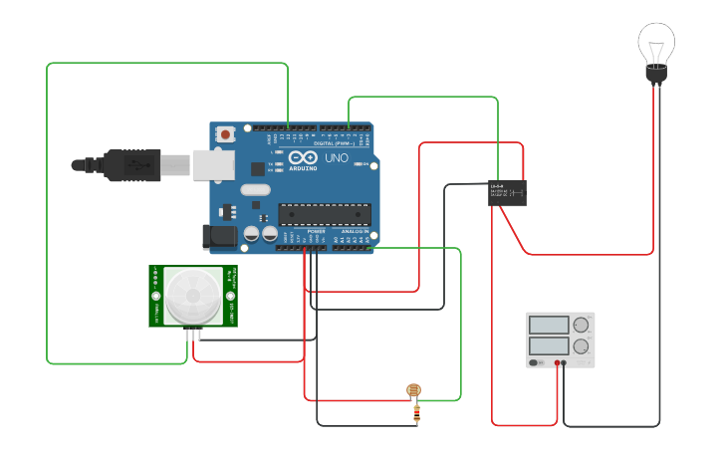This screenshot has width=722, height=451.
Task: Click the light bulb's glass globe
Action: pyautogui.click(x=656, y=41)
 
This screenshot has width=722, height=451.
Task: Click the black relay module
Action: pyautogui.click(x=507, y=193)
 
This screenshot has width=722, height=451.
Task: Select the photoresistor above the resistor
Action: pyautogui.click(x=414, y=391)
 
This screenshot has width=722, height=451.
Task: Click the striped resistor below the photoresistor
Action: pyautogui.click(x=415, y=413)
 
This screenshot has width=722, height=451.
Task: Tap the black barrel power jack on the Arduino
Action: pyautogui.click(x=219, y=237)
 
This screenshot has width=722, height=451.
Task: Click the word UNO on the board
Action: pyautogui.click(x=337, y=158)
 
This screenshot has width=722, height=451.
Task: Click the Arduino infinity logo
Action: pyautogui.click(x=303, y=158)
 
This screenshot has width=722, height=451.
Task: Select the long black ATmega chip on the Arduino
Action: pyautogui.click(x=324, y=213)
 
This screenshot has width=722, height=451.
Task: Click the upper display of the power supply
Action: pyautogui.click(x=549, y=325)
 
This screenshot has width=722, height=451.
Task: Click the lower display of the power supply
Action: pyautogui.click(x=549, y=345)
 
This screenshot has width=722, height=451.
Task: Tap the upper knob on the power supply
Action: pyautogui.click(x=580, y=325)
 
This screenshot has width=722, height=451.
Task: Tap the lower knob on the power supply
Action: pyautogui.click(x=580, y=346)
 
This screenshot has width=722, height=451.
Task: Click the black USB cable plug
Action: pyautogui.click(x=129, y=165)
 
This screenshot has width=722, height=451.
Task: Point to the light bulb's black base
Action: pyautogui.click(x=655, y=73)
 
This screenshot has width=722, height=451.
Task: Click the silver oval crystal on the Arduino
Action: pyautogui.click(x=255, y=190)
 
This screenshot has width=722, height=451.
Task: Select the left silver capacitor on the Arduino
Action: pyautogui.click(x=252, y=235)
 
